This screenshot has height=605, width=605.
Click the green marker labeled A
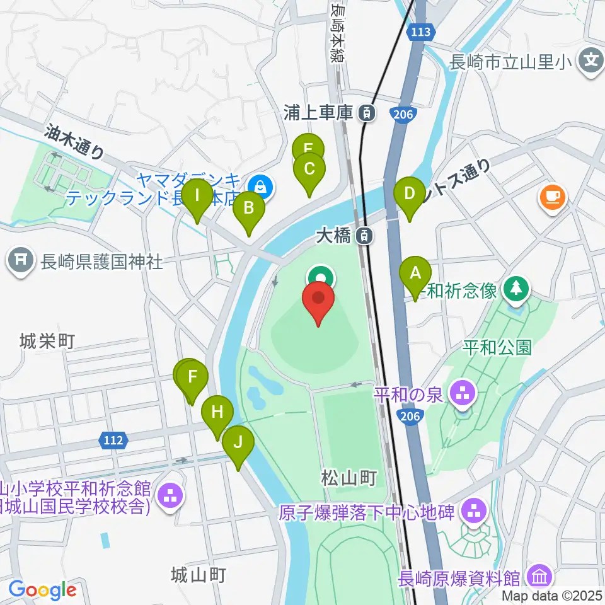pyautogui.click(x=415, y=274)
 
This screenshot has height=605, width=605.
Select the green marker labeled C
pyautogui.click(x=309, y=170)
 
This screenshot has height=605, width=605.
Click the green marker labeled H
pyautogui.click(x=217, y=413)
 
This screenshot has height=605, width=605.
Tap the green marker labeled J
pyautogui.click(x=238, y=442)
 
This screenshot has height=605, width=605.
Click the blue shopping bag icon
pyautogui.click(x=260, y=186)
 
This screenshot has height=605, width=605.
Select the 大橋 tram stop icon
pyautogui.click(x=364, y=236)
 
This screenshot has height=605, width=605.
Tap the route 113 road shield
pyautogui.click(x=420, y=31)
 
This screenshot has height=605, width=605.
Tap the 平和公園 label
pyautogui.click(x=497, y=347)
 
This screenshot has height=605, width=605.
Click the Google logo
pyautogui.click(x=42, y=590)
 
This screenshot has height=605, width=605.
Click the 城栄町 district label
pyautogui.click(x=47, y=342)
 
